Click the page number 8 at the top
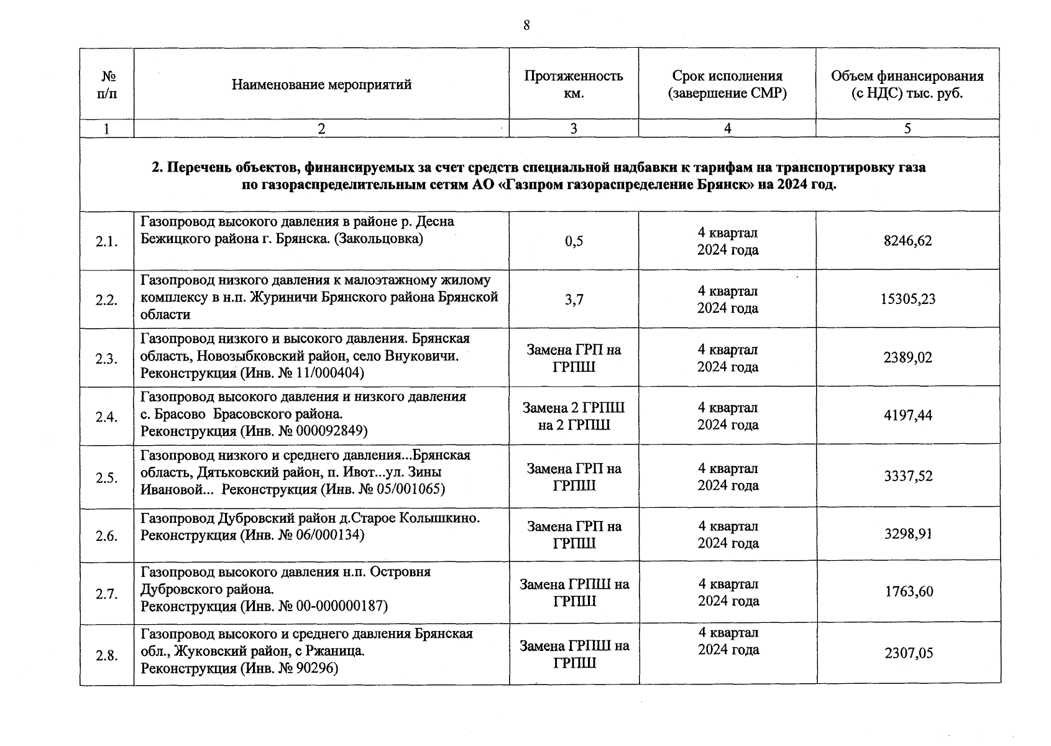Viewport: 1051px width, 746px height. (526, 25)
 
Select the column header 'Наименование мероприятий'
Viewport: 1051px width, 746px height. (321, 85)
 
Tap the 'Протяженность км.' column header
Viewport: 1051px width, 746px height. (573, 85)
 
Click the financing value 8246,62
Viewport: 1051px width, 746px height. (907, 241)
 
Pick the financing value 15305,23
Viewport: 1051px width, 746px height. (907, 299)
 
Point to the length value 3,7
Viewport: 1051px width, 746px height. (574, 300)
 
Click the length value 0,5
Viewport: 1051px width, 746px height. (574, 241)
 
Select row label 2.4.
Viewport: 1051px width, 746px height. (106, 417)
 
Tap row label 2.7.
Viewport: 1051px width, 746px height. (106, 594)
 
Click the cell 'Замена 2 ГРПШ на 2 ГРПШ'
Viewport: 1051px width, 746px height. (574, 417)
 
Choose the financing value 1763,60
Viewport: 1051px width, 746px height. (909, 592)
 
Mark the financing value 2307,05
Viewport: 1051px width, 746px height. (909, 653)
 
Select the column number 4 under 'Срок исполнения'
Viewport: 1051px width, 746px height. (727, 129)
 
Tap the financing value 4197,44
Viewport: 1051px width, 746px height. (907, 415)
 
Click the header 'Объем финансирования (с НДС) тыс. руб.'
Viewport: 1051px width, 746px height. (907, 85)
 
